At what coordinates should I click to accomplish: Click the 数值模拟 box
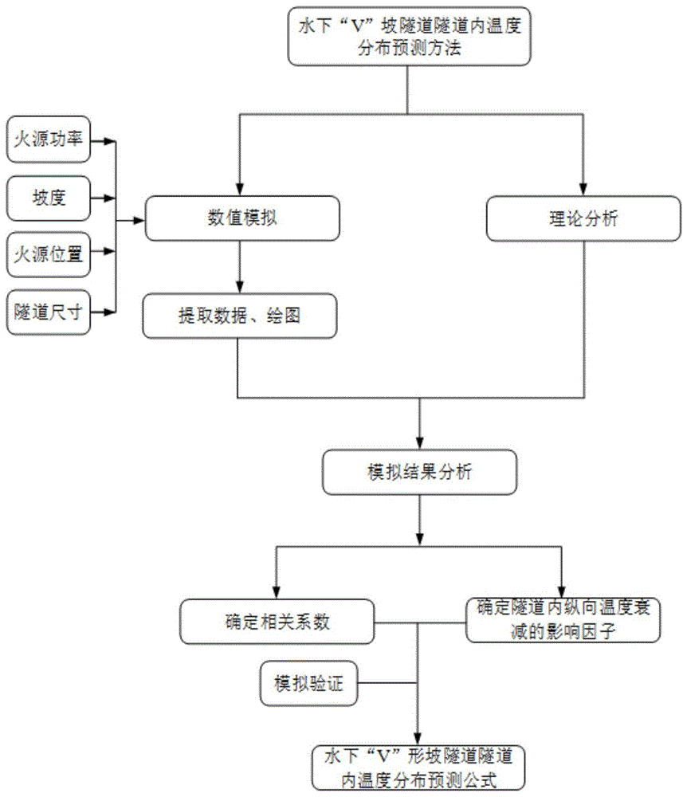click(241, 218)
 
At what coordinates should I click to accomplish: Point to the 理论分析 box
click(584, 218)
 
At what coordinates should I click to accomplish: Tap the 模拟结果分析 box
click(420, 472)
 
